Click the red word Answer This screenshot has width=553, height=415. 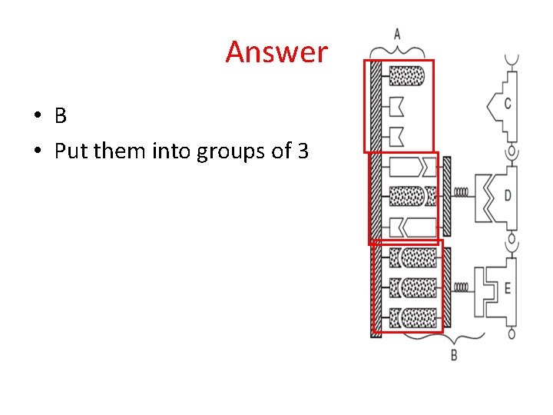click(276, 52)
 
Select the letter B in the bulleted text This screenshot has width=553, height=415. click(61, 116)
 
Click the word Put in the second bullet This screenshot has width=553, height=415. click(71, 151)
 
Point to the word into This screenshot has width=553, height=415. click(174, 151)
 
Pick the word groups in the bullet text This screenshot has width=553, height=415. click(231, 152)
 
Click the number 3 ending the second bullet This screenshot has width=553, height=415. click(303, 151)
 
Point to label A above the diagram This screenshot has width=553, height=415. click(397, 33)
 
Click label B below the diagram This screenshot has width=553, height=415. click(453, 355)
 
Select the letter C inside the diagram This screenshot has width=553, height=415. click(508, 104)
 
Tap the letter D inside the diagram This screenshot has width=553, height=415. click(508, 195)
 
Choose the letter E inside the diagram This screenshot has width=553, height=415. click(508, 289)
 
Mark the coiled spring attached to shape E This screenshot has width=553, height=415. click(462, 287)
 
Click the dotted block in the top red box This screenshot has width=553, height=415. click(407, 75)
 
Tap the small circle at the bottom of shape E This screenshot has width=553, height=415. click(511, 334)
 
